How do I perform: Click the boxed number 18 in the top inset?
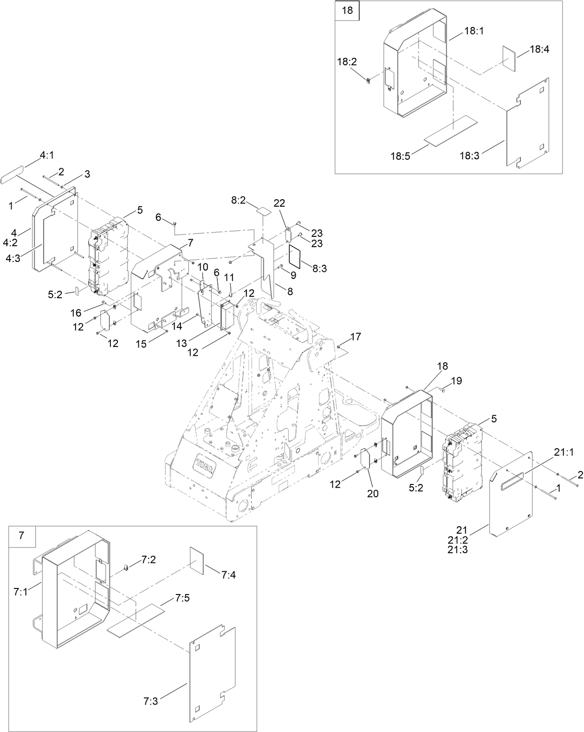coord(347,10)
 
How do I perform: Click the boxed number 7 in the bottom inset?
coord(21,536)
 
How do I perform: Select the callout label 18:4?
coord(539,49)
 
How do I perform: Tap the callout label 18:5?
coord(400,156)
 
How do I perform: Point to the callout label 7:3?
coord(150,701)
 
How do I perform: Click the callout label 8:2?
coord(239,200)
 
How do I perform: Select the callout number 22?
coord(279,203)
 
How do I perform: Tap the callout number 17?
coord(356,336)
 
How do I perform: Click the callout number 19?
coord(456,381)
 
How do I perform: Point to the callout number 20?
coord(373,494)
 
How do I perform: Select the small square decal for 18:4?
coord(509,58)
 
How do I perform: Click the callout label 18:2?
coord(347,62)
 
